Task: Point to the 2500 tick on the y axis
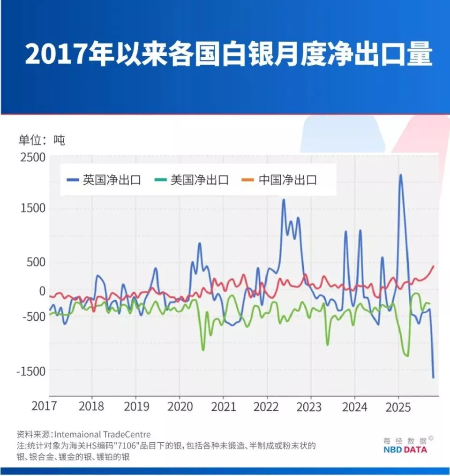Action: coord(33,158)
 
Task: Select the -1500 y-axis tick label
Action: coord(31,371)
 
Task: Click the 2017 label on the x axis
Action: coord(47,406)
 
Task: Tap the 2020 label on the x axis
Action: coord(180,406)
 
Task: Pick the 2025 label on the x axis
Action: coord(398,406)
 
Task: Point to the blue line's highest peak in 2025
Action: coord(400,175)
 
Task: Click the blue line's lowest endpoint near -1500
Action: coord(433,377)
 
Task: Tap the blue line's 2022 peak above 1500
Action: coord(284,200)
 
